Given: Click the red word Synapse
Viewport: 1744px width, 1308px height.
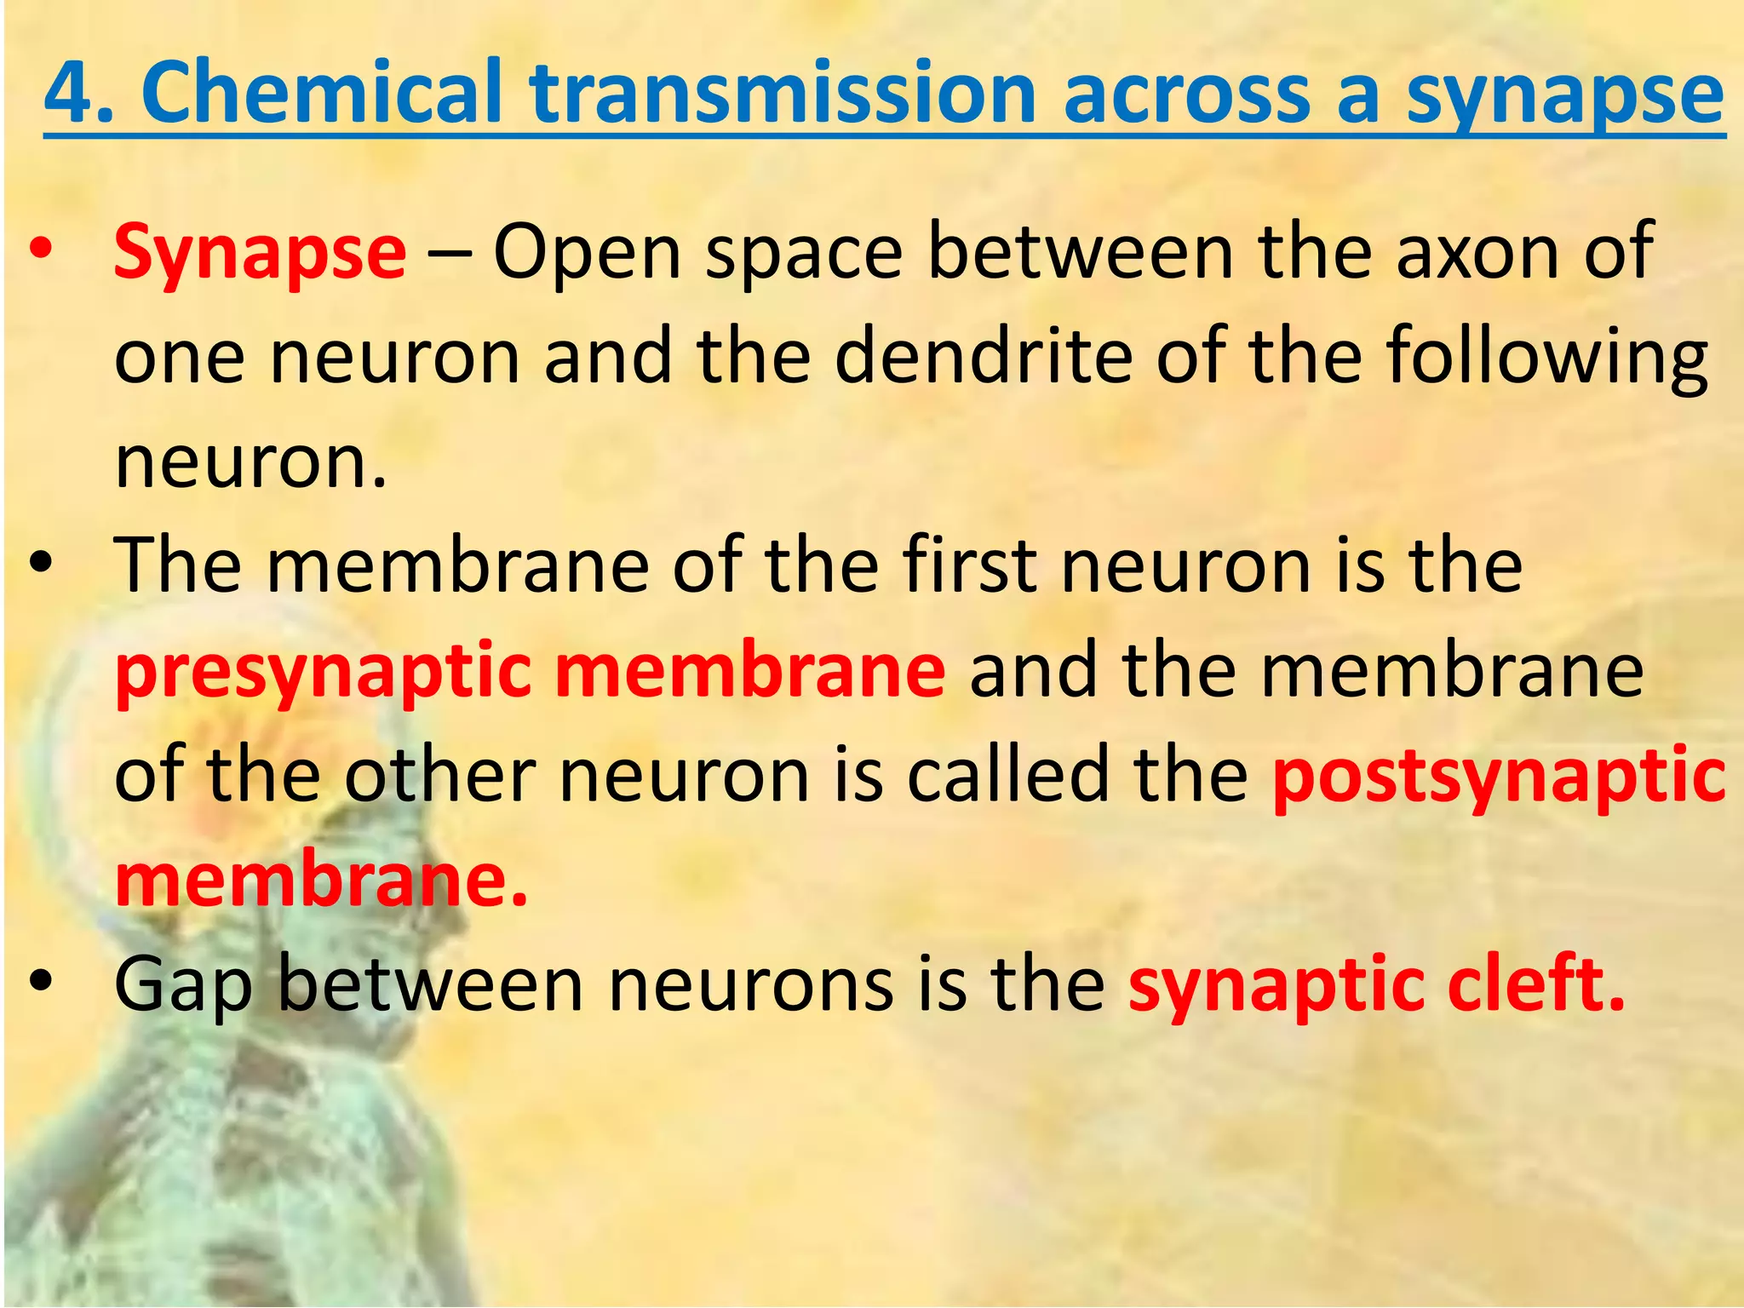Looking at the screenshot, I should coord(260,254).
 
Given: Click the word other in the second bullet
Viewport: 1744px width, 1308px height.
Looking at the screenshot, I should coord(439,775).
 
